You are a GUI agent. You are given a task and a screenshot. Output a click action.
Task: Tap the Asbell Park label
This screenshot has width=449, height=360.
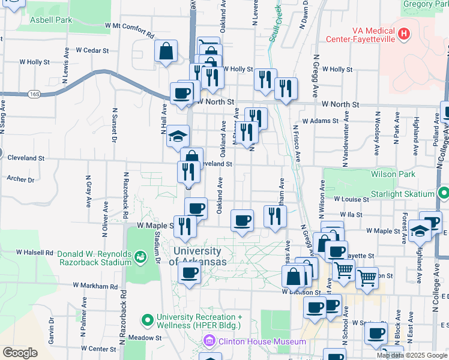pos(52,19)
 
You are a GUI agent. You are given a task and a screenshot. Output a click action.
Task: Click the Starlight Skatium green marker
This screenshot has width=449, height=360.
pos(443,194)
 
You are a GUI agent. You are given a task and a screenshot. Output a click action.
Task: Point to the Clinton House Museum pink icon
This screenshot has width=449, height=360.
pos(208,341)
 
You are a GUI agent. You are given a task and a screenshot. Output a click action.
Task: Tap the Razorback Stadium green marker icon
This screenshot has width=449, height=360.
pos(140,257)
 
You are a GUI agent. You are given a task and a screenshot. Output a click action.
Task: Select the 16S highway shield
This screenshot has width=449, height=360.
pos(35,94)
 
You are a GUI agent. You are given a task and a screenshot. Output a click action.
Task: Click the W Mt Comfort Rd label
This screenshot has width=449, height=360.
pos(129,26)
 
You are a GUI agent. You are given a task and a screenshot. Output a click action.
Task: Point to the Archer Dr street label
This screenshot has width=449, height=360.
pos(20,179)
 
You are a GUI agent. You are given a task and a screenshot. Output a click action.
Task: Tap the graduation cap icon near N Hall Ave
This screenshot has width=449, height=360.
pos(178,136)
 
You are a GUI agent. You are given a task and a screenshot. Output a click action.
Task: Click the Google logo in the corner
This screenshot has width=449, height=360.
pos(20,353)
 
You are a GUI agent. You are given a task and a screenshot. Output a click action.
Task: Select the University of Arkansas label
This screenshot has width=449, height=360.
pos(198,256)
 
